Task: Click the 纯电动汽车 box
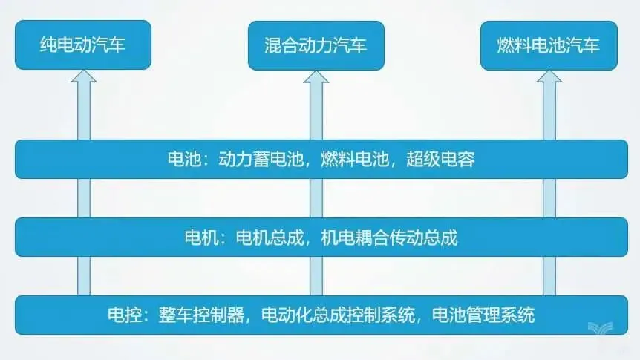pos(83,45)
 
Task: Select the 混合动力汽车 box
pos(316,46)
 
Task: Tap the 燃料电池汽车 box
pos(549,46)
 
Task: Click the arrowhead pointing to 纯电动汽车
pos(84,76)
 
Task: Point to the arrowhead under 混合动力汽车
pos(316,77)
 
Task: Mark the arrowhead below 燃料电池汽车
pos(549,77)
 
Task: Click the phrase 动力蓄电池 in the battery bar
pos(261,159)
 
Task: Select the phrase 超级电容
pos(440,159)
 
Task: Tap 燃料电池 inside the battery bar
pos(355,159)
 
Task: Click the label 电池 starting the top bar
pos(184,159)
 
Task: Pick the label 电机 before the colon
pos(202,237)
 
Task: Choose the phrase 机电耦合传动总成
pos(389,237)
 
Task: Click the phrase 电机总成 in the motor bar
pos(270,237)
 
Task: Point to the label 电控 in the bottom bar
pos(125,315)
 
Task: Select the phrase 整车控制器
pos(201,315)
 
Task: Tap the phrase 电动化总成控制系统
pos(338,315)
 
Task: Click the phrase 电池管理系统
pos(483,315)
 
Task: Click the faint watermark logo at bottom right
pos(601,328)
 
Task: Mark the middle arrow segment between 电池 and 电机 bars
pos(316,198)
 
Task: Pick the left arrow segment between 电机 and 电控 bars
pos(84,276)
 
